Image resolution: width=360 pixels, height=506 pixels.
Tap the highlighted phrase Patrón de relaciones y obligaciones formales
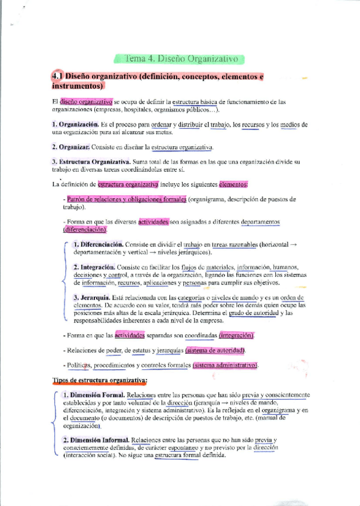pyautogui.click(x=127, y=199)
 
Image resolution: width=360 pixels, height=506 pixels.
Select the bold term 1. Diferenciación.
pyautogui.click(x=99, y=244)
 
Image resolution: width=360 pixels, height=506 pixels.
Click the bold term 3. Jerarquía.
pyautogui.click(x=93, y=297)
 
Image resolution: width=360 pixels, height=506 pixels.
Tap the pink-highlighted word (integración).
pyautogui.click(x=236, y=335)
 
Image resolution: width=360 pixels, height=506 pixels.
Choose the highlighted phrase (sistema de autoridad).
pyautogui.click(x=217, y=350)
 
